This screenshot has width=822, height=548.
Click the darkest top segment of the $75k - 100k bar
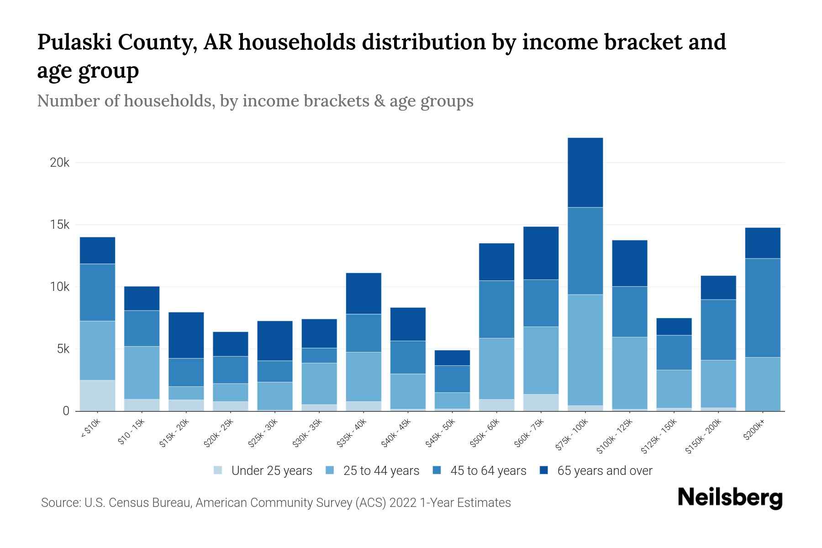[585, 173]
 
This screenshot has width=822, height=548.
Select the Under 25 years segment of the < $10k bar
[97, 395]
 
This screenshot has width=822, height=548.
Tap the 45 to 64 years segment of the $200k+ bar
[762, 308]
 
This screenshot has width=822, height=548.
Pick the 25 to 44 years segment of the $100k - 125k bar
[629, 373]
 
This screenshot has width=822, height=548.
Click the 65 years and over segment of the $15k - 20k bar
[186, 335]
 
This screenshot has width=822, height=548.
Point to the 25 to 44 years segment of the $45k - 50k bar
[452, 400]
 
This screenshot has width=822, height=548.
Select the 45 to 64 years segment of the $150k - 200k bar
[718, 330]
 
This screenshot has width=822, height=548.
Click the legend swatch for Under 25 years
[218, 470]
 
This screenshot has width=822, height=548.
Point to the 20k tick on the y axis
[59, 163]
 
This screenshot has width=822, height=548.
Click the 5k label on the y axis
[63, 349]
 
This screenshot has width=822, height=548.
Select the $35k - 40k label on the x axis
[352, 433]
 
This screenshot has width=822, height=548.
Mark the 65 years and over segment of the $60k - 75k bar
[541, 253]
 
